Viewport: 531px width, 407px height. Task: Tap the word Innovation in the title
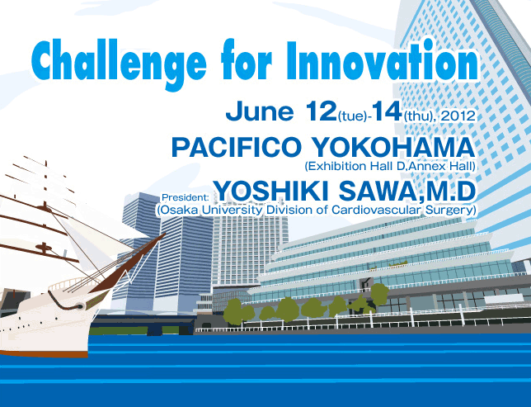[x=383, y=60]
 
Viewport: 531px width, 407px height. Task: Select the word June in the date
[x=260, y=111]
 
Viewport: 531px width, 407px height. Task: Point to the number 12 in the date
[x=321, y=111]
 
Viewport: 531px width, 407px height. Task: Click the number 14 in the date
[x=387, y=111]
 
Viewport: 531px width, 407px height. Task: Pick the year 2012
[x=458, y=116]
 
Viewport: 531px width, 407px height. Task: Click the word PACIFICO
[x=236, y=147]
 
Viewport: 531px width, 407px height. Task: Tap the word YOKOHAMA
[x=392, y=147]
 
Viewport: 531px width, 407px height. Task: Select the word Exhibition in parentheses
[x=336, y=166]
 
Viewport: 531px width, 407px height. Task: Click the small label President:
[x=186, y=197]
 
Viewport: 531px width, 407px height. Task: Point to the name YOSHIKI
[x=272, y=191]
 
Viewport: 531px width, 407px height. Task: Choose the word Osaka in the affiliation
[x=176, y=210]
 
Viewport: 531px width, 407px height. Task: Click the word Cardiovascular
[x=377, y=210]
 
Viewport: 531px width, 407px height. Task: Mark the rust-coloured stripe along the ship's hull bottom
[x=44, y=353]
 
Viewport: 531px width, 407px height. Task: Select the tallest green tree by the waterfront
[x=379, y=294]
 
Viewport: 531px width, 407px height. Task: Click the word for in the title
[x=247, y=60]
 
